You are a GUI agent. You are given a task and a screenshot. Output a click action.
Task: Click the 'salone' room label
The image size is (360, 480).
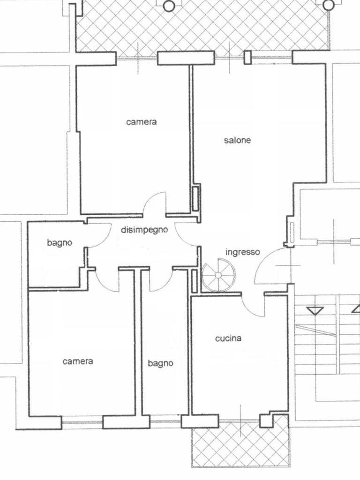tap(237, 140)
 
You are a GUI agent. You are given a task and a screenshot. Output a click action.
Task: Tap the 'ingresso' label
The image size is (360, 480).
tap(242, 252)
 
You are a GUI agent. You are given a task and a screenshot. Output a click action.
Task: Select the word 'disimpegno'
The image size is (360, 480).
tap(144, 230)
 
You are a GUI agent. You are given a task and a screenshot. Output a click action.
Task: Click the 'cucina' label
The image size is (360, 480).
tap(228, 338)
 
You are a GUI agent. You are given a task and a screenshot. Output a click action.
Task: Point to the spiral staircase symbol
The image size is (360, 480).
tap(218, 275)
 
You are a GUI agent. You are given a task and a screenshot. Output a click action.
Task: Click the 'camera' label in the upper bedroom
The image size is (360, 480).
tap(142, 122)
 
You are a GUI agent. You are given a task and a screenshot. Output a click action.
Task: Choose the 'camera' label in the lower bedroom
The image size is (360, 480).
tap(78, 361)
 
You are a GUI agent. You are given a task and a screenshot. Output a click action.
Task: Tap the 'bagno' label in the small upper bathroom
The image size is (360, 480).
tap(60, 243)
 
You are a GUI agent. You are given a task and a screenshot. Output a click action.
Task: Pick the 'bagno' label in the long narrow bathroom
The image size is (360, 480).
tap(160, 363)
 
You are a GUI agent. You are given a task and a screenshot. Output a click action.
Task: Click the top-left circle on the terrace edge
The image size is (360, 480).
tap(169, 6)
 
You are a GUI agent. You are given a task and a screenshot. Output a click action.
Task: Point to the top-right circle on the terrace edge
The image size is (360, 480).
tap(329, 4)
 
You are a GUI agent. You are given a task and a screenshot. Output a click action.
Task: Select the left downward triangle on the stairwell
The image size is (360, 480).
tap(315, 311)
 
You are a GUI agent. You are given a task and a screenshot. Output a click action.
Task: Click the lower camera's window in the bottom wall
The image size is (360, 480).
tap(82, 422)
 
